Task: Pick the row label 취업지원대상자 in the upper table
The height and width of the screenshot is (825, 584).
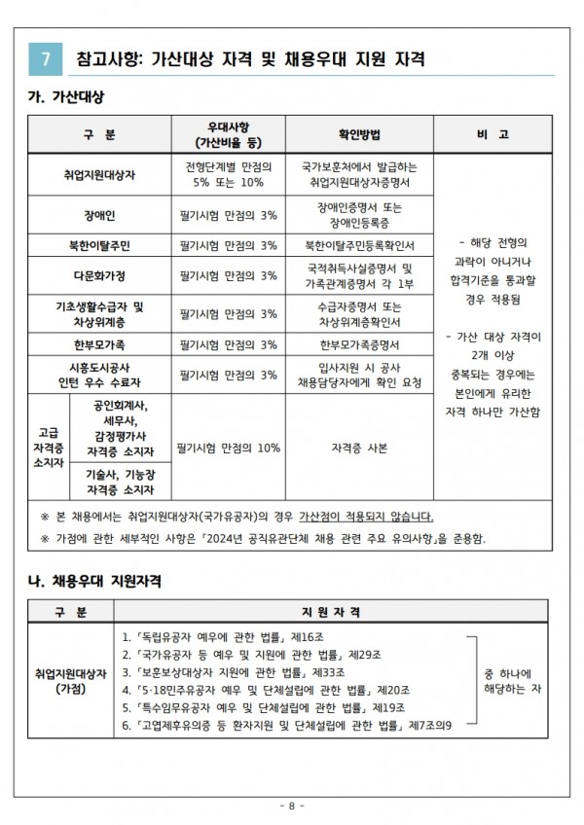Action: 99,174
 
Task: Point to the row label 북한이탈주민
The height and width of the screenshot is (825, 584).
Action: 99,244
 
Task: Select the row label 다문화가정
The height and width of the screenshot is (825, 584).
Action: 99,275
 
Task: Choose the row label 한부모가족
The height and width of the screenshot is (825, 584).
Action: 99,344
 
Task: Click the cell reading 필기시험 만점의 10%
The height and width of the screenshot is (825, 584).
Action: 230,448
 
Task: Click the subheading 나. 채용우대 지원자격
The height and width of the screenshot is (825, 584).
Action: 93,581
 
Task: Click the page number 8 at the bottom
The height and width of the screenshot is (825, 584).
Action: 292,806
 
